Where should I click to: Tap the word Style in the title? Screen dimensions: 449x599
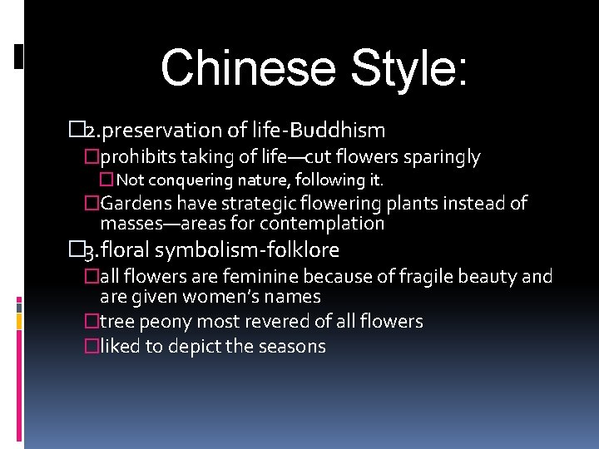(x=403, y=68)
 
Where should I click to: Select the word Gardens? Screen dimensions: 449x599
(x=134, y=204)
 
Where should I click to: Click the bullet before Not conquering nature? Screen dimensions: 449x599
(x=106, y=180)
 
